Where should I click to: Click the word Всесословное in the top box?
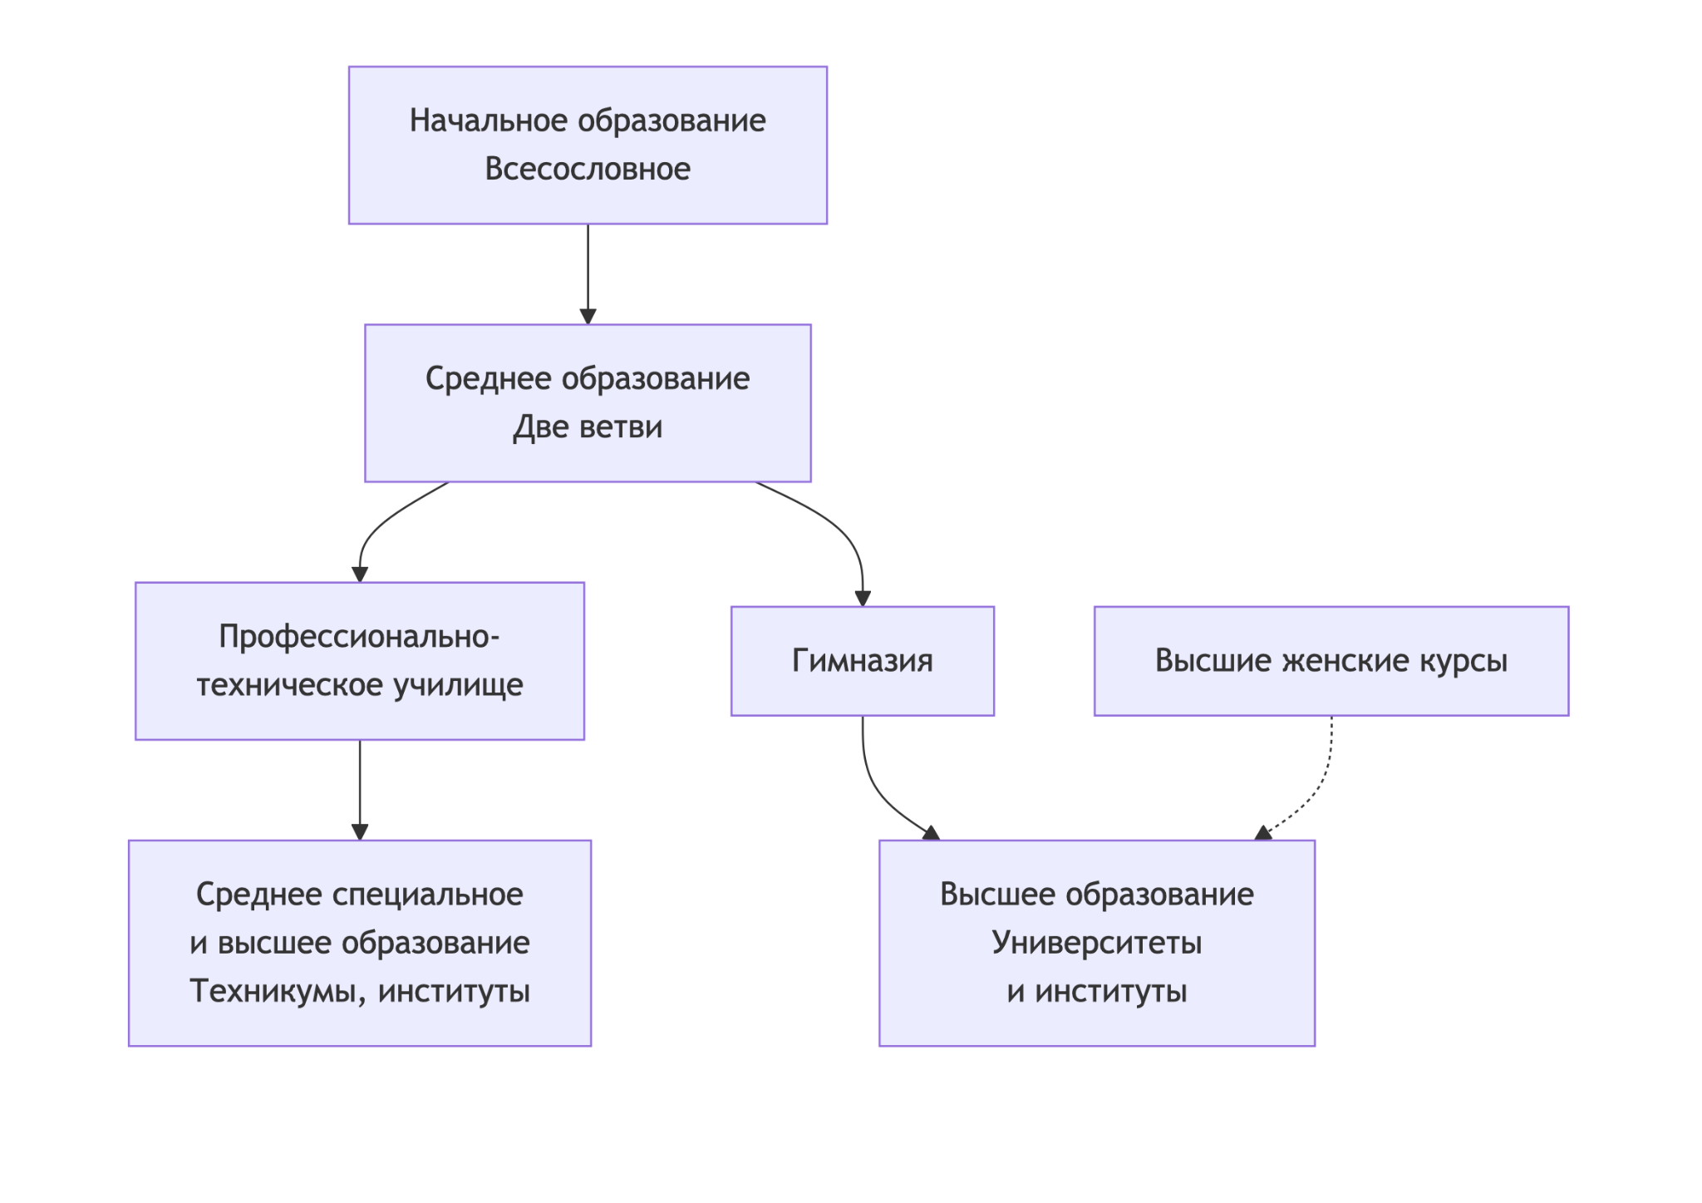[588, 169]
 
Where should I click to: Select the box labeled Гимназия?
[862, 661]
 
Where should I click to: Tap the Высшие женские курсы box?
[1331, 661]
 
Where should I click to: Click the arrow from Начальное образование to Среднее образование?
[588, 274]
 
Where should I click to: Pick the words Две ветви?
[588, 427]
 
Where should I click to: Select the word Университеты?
[1097, 943]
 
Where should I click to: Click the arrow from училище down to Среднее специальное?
[360, 790]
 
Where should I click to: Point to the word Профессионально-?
[360, 637]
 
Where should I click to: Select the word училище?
[458, 686]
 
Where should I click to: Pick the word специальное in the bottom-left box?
[428, 895]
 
